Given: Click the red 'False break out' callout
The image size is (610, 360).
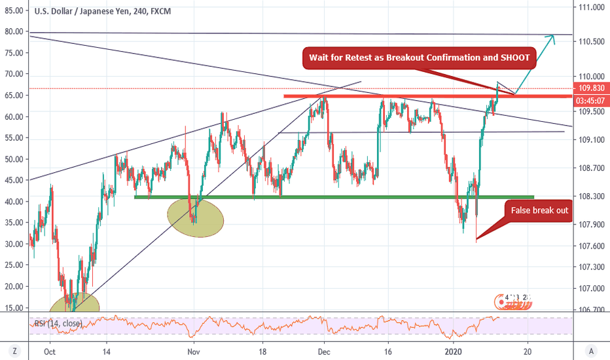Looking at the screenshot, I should [535, 211].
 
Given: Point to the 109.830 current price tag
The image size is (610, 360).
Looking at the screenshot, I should [592, 88].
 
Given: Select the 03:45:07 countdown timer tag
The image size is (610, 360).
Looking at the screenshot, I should [592, 101].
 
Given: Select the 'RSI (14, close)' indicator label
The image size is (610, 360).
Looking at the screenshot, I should [58, 323].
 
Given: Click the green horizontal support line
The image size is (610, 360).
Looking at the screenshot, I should [334, 196].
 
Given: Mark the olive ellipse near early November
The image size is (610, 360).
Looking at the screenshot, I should [196, 218].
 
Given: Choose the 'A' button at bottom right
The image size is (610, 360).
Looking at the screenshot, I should [592, 350].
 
